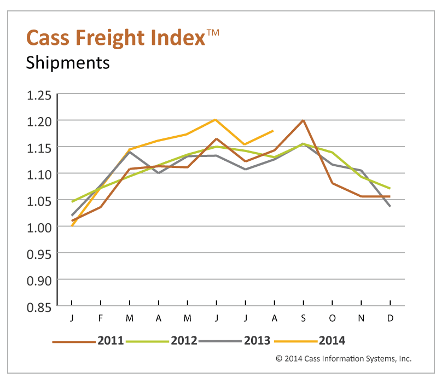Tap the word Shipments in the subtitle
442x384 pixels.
[68, 62]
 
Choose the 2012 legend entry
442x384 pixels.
[184, 340]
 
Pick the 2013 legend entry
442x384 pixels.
[257, 340]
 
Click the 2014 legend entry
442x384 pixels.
[331, 340]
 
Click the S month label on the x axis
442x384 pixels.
[303, 318]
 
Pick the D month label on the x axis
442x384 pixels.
[389, 318]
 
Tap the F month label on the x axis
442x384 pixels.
[101, 318]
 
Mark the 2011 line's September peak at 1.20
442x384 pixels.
[303, 120]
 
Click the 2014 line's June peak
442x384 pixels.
[216, 119]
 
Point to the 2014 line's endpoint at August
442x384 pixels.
[273, 131]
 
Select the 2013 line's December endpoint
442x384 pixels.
[389, 206]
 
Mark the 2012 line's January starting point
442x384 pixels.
[72, 202]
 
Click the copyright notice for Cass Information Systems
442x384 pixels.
[343, 359]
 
